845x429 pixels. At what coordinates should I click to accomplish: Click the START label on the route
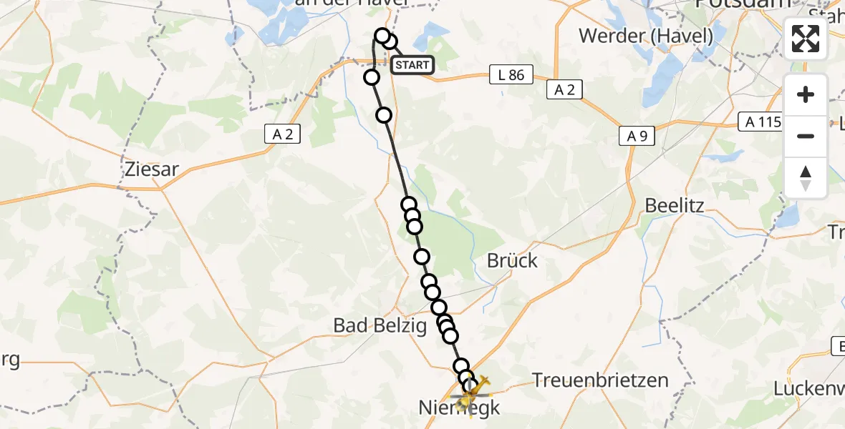click(412, 66)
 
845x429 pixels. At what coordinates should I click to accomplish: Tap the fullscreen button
click(806, 39)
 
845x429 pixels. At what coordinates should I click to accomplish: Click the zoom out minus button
click(806, 136)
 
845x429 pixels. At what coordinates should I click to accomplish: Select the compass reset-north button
click(806, 178)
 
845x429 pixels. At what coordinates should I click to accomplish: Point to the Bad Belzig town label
click(380, 326)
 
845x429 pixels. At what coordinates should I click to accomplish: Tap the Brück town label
click(512, 260)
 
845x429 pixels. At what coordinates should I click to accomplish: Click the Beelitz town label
click(675, 206)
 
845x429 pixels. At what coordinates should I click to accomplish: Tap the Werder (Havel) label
click(646, 34)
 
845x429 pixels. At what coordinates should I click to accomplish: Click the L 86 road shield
click(512, 74)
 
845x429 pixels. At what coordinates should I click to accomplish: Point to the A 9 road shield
click(637, 136)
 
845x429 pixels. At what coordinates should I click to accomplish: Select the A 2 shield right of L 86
click(564, 89)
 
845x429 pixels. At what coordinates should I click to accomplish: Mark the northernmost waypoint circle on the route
click(383, 35)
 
